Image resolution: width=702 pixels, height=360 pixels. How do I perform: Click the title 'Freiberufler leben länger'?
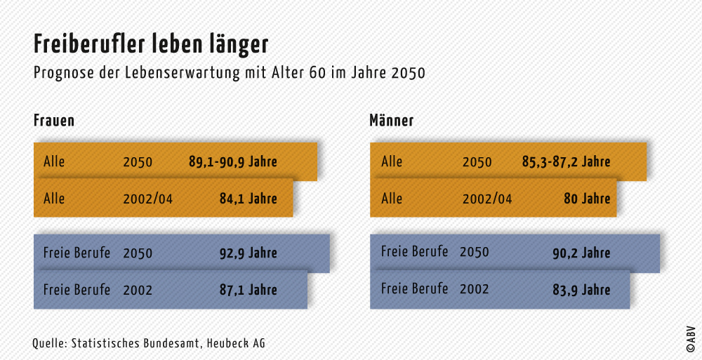tap(151, 44)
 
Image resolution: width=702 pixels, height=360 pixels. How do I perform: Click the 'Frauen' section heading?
tap(54, 121)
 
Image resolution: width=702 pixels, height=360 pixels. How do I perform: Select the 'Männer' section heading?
tap(391, 121)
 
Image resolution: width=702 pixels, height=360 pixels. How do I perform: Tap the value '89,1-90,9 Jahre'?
tap(232, 162)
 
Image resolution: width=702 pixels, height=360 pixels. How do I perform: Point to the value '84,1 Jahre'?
tap(248, 199)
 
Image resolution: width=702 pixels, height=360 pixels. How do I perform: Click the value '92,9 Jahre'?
tap(248, 253)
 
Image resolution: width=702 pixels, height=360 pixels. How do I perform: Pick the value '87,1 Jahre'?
tap(248, 290)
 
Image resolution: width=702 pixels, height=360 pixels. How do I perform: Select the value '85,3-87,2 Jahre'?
tap(566, 162)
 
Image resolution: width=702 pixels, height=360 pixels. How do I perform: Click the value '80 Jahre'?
tap(587, 199)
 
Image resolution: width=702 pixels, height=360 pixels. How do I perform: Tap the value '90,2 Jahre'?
tap(581, 253)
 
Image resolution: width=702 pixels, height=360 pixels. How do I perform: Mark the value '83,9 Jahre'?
tap(581, 290)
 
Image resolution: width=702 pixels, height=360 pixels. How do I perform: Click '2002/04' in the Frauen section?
tap(147, 199)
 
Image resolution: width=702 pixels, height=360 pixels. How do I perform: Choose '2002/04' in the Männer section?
tap(487, 199)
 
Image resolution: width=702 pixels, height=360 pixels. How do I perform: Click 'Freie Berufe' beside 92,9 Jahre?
tap(77, 253)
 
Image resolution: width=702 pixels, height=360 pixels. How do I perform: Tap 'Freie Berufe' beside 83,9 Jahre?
tap(414, 288)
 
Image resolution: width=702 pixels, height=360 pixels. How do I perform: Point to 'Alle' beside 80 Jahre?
tap(392, 199)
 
